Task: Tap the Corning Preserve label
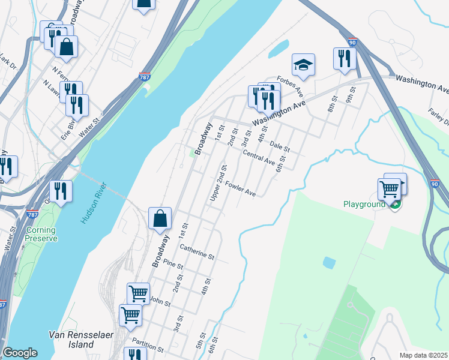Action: pos(41,234)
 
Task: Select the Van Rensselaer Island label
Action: pos(71,340)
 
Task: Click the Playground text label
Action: pos(364,205)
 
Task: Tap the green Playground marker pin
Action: pos(394,205)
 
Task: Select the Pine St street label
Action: pos(173,265)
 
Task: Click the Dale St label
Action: pos(280,145)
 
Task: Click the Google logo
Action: pos(20,353)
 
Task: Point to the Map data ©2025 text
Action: pos(424,355)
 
